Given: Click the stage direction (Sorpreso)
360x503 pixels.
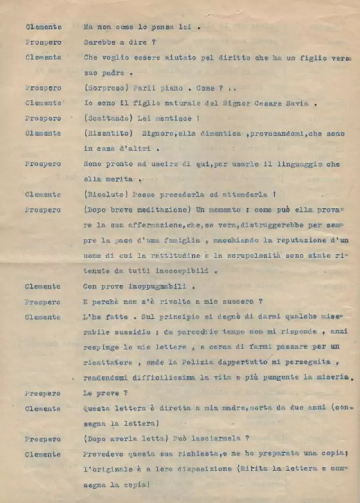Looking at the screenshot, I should tap(103, 88).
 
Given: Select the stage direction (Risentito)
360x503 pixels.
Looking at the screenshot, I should tap(105, 133).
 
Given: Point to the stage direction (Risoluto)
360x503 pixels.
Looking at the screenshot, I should tap(103, 195).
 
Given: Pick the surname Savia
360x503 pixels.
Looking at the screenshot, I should tap(297, 103).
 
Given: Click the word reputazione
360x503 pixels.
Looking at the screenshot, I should tap(295, 240).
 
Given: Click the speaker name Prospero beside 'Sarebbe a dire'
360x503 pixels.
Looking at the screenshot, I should tap(43, 42).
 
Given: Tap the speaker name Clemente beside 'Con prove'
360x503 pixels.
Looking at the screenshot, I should tap(43, 286).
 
